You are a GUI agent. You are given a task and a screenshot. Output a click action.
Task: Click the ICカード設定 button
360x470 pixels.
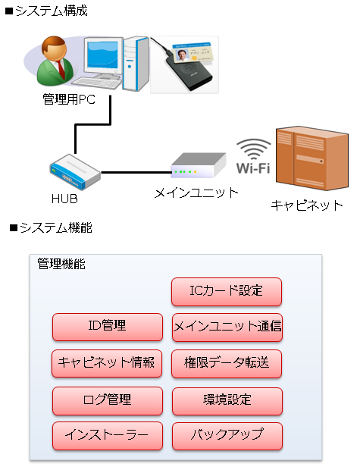click(227, 292)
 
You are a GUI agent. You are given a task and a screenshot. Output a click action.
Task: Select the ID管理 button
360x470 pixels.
click(108, 327)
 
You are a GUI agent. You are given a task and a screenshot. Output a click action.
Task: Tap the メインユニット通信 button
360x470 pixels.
click(227, 327)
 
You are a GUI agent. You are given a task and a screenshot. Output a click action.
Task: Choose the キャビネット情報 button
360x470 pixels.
click(107, 363)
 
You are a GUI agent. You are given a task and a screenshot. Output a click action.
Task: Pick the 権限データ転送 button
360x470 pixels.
click(227, 364)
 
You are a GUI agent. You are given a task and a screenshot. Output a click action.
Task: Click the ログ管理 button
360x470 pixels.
click(108, 401)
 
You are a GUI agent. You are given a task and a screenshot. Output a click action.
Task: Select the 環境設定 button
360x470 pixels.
click(227, 401)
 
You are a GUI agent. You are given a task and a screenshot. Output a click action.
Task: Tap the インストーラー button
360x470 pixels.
click(108, 436)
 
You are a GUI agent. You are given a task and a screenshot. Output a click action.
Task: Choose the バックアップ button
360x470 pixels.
click(227, 436)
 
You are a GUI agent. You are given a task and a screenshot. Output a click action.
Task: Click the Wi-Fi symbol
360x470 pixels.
click(254, 156)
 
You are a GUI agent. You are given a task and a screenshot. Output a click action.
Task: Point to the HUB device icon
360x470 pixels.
click(75, 171)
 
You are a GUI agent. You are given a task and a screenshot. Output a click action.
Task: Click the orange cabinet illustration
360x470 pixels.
click(312, 158)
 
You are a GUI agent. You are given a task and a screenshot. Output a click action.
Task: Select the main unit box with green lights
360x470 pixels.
click(198, 166)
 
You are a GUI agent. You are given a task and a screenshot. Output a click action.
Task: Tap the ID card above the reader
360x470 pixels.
click(193, 53)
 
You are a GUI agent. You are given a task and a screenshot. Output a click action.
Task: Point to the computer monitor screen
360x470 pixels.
click(102, 55)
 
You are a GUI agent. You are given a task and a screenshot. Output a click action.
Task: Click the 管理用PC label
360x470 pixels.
click(69, 99)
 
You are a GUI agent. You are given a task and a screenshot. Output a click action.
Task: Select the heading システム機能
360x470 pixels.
click(51, 228)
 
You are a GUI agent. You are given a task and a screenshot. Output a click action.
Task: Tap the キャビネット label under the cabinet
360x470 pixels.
click(307, 205)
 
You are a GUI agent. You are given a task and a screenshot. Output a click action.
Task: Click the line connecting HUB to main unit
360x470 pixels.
click(136, 172)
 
